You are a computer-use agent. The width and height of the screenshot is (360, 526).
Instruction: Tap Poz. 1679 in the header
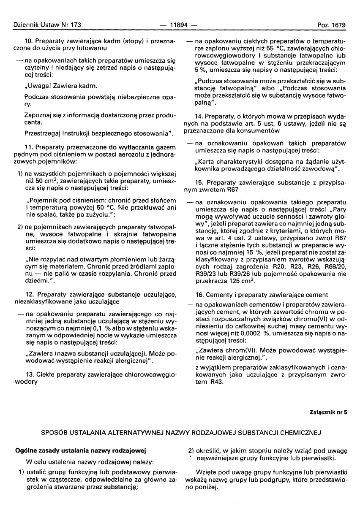coord(332,25)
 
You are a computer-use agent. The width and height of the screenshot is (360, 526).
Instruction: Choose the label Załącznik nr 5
coord(327,412)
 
